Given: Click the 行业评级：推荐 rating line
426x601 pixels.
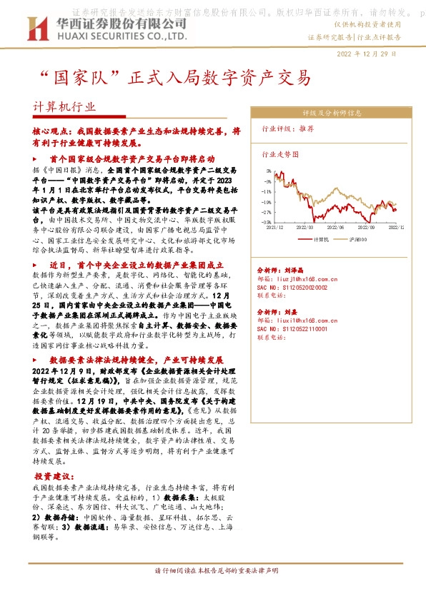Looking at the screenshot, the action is click(x=289, y=129).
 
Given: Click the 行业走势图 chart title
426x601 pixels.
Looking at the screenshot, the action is click(x=279, y=153).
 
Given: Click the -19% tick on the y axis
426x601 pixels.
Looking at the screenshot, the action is click(x=266, y=202).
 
